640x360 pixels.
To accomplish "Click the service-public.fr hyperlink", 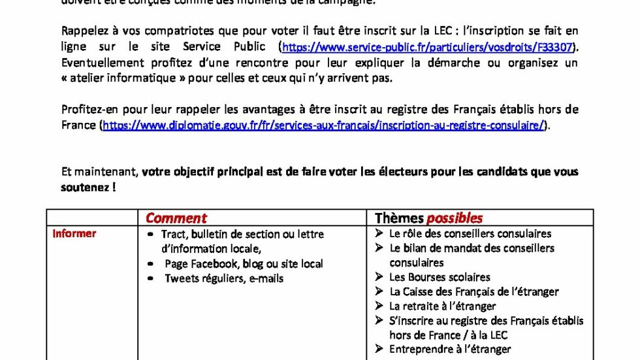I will coord(430,47).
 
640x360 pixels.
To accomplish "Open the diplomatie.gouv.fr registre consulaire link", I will coord(323,125).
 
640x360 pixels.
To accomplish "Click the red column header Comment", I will coord(176,218).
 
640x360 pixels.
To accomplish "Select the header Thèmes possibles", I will coord(428,218).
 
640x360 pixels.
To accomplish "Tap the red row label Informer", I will coord(74,234).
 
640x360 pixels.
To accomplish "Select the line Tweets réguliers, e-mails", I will coord(223,278).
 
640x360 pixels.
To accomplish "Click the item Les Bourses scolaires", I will coord(439,277).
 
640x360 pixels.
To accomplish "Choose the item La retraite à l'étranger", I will coord(442,306).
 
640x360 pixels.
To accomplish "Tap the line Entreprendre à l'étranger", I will coord(450,349).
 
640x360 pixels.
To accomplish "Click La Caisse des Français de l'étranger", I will coord(473,291).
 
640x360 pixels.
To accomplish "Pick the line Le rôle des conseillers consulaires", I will coord(470,233).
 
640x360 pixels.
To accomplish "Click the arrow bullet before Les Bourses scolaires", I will coord(379,277).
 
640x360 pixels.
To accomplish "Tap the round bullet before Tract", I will coord(151,234).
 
